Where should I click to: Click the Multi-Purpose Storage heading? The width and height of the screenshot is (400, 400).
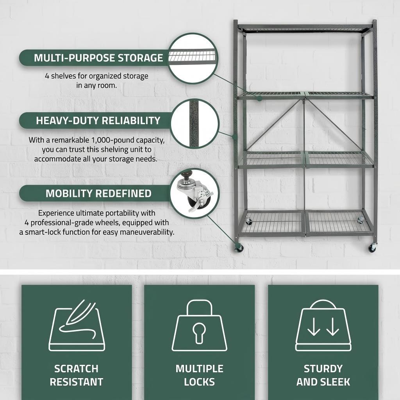coord(98,58)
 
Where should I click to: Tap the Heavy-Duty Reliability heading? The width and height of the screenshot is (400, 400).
coord(98,121)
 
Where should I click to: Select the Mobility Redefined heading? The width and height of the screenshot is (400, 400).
coord(98,193)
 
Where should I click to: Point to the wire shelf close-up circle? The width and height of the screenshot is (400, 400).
coord(193,58)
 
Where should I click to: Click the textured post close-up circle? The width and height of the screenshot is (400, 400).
coord(195,124)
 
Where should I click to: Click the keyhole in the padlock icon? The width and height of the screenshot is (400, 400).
coord(199,333)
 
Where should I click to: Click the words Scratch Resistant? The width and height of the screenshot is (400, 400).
coord(77,375)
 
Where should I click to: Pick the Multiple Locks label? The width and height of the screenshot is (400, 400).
coord(200,375)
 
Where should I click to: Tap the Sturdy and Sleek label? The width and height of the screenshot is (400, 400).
coord(323,375)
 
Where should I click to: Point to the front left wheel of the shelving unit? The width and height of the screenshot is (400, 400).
coord(239,248)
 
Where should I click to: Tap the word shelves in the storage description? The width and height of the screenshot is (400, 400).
coord(63,76)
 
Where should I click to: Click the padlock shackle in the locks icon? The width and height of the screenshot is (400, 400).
coord(200,308)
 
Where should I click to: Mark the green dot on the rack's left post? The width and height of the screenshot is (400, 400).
coord(235,137)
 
